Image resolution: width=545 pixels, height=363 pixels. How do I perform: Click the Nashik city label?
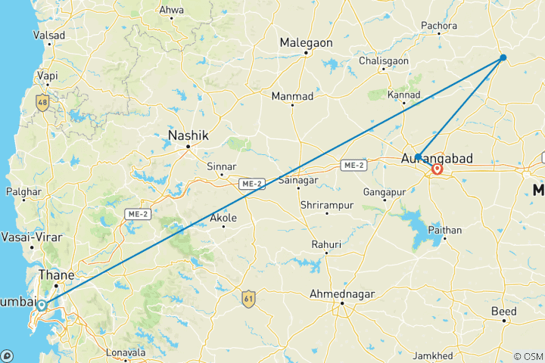[x=188, y=135]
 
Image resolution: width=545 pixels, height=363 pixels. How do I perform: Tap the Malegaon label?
[x=306, y=43]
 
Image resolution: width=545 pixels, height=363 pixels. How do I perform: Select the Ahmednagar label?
[x=343, y=294]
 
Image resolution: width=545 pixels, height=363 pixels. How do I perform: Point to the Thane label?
[x=56, y=275]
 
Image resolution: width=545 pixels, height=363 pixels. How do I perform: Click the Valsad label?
[x=48, y=36]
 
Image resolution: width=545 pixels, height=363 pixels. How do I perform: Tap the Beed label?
[x=503, y=311]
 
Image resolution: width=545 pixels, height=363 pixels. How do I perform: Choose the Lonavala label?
[x=123, y=352]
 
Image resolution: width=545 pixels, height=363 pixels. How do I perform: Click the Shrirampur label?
[x=327, y=205]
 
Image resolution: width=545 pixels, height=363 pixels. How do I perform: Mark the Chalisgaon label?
[x=384, y=60]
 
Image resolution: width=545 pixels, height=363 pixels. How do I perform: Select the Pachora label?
[x=439, y=26]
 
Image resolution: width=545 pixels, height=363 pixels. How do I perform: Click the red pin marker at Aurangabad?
[x=437, y=169]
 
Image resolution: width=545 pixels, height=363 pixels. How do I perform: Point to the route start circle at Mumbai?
[x=42, y=306]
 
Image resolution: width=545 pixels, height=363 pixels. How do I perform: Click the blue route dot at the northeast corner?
[x=503, y=58]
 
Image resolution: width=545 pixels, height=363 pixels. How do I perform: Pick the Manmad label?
[x=292, y=96]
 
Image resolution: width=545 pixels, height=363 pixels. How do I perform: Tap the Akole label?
[x=223, y=218]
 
